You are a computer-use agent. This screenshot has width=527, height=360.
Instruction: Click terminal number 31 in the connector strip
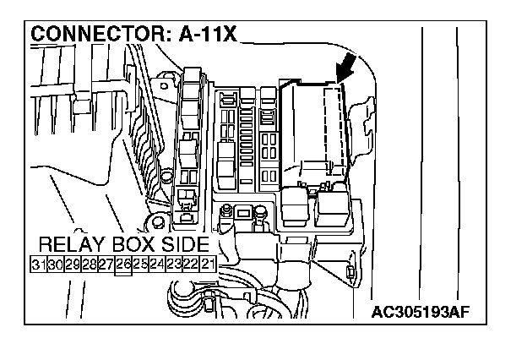38,265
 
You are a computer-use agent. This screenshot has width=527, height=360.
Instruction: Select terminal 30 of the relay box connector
55,265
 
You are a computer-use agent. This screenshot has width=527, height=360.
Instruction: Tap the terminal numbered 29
72,265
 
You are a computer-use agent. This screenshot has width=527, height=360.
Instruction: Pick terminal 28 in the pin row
89,265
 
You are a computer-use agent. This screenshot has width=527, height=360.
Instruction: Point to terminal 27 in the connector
106,265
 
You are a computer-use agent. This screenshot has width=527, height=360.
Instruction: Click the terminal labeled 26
123,265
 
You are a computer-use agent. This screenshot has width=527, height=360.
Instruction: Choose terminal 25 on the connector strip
140,265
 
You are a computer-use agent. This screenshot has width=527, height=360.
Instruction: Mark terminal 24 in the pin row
157,265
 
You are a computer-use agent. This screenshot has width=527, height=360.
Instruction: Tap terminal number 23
174,265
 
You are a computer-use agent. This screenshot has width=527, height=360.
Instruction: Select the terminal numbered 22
191,265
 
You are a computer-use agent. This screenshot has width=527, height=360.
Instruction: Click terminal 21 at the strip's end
208,265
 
